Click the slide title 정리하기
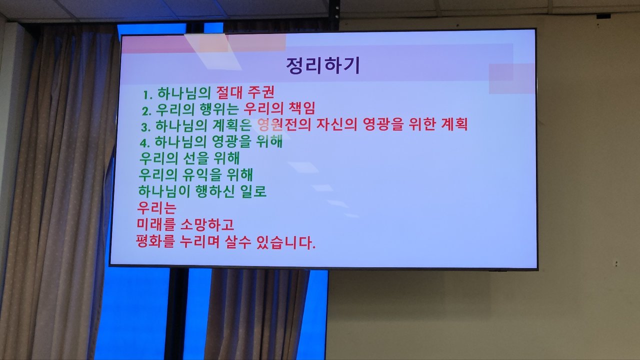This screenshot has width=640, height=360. (323, 66)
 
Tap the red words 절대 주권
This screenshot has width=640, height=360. (245, 92)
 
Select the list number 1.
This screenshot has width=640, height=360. (147, 94)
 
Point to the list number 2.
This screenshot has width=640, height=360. (146, 111)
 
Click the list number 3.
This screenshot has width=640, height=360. (145, 127)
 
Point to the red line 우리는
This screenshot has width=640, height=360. (156, 207)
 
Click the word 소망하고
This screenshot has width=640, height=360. (207, 224)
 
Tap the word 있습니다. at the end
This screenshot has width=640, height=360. (286, 242)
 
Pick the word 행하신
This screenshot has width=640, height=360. (215, 191)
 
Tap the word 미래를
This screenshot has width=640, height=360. (155, 224)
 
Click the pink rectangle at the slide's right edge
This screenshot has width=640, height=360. (511, 78)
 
